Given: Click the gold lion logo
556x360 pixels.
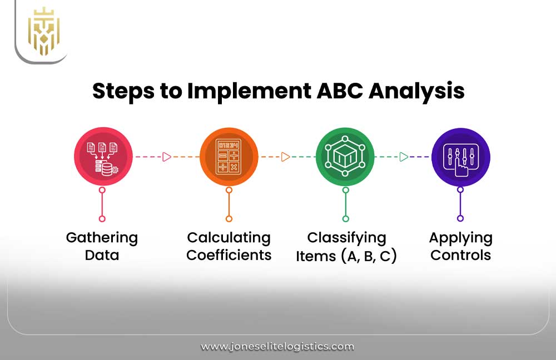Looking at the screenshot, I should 43,31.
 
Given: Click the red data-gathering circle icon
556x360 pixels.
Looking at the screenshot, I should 103,157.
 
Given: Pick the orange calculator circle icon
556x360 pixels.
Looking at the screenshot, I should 229,157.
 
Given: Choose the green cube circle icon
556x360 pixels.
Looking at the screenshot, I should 345,157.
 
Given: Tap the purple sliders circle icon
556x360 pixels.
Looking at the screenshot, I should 460,157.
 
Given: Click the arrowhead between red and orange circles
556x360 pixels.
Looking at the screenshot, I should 166,157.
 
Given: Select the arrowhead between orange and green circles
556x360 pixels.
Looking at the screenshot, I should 285,157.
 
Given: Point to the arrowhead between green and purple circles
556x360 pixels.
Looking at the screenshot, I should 404,157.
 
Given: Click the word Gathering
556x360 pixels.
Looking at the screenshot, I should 102,238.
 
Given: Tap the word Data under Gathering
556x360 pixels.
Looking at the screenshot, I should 102,256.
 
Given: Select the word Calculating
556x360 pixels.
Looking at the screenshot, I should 229,238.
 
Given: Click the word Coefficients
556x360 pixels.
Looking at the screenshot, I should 229,256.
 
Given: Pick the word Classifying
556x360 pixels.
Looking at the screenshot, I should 346,238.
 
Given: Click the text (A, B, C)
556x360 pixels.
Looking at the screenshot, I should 370,257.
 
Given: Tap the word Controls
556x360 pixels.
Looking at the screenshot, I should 460,256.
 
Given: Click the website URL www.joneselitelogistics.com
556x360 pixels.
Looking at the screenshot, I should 277,347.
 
